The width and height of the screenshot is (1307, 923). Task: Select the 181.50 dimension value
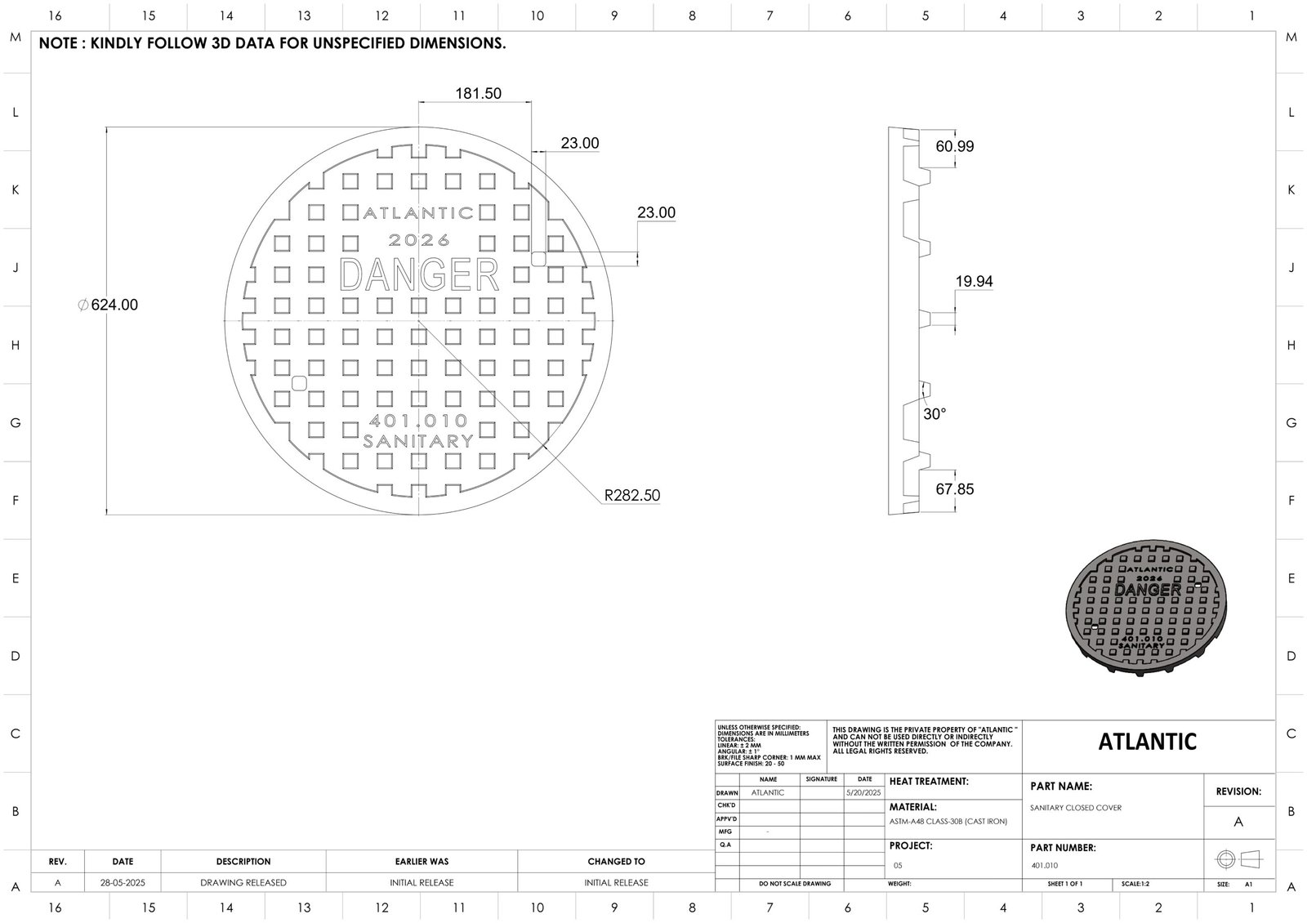coord(478,94)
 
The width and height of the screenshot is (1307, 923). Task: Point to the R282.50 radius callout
coord(631,495)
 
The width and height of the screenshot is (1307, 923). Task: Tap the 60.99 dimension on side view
coord(955,146)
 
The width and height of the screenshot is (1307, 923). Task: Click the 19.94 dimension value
coord(974,282)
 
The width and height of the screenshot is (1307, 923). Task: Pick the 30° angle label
coord(935,414)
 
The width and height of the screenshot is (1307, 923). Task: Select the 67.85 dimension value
coord(955,489)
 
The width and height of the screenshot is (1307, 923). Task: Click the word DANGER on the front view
coord(418,275)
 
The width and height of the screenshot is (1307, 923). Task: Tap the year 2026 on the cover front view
coord(418,240)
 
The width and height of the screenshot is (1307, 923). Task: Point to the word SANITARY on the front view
coord(418,441)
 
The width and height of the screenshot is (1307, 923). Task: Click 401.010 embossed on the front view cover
coord(418,421)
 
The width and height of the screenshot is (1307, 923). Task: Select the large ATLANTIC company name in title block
coord(1148,742)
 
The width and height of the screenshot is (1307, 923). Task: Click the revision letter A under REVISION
coord(1238,822)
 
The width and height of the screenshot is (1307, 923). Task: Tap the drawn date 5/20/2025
coord(864,793)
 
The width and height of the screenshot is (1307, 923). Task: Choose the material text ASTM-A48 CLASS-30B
coord(948,821)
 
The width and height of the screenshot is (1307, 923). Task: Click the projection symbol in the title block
coord(1238,859)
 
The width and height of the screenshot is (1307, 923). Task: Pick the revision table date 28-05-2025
coord(123,883)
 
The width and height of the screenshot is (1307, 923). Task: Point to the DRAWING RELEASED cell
coord(243,883)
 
